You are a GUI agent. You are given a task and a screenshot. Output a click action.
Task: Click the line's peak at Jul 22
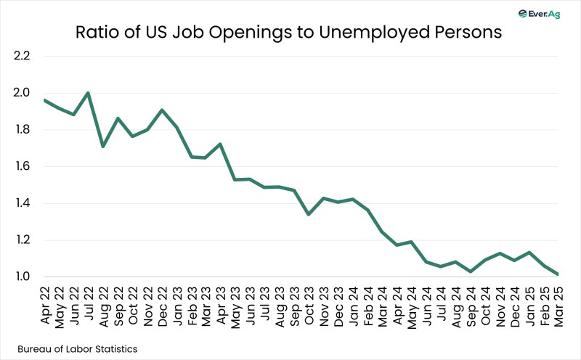coord(87,93)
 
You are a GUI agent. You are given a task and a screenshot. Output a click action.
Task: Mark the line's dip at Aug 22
coord(102,147)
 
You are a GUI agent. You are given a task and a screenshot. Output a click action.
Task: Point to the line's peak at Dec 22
coord(161,110)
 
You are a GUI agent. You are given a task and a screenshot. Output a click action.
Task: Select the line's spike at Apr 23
coord(220,144)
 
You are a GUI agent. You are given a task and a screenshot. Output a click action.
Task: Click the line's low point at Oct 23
coord(309,214)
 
